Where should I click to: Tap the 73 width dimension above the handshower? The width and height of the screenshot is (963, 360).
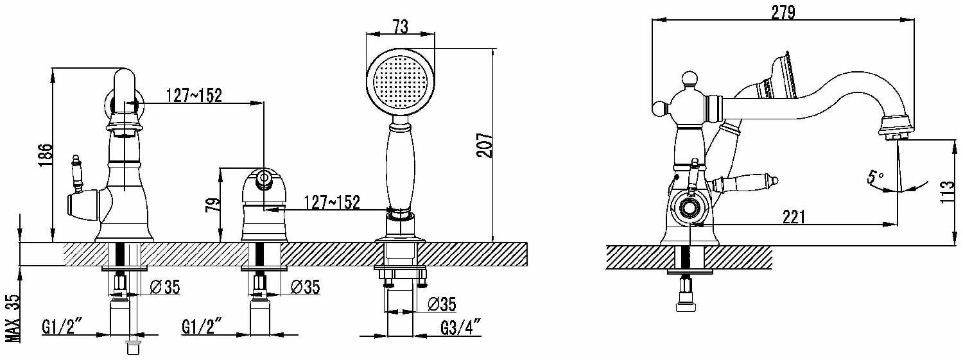point(400,26)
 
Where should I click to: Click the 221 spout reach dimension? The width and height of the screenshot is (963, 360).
point(794,216)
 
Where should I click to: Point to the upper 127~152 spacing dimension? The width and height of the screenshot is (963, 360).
point(194,96)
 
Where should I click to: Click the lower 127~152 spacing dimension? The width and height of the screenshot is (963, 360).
point(331,202)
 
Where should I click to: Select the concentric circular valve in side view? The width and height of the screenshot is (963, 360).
point(690,209)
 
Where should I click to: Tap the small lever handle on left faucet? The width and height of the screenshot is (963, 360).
point(78,172)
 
